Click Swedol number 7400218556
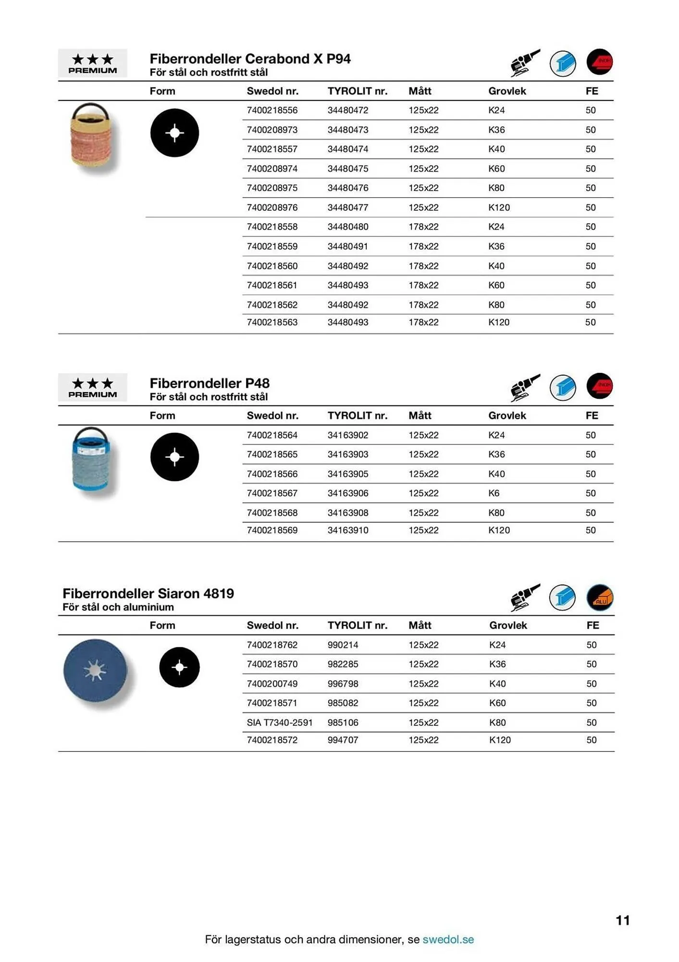[x=272, y=110]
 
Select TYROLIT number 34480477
[x=348, y=207]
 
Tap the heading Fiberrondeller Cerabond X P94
[x=250, y=59]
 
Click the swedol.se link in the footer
[x=448, y=939]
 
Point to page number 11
[x=622, y=920]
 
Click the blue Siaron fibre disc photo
[x=95, y=671]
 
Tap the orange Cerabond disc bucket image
[x=91, y=136]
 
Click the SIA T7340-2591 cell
[x=279, y=722]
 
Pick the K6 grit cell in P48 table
[x=494, y=493]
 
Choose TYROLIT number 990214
[x=343, y=645]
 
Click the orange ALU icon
[x=600, y=597]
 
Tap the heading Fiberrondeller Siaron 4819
[x=148, y=593]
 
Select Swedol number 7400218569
[x=272, y=530]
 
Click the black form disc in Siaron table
[x=179, y=667]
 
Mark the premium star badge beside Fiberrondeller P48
[x=92, y=387]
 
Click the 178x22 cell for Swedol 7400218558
[x=423, y=227]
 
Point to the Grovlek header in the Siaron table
[x=508, y=625]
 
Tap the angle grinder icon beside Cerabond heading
[x=525, y=63]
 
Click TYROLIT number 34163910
[x=348, y=530]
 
